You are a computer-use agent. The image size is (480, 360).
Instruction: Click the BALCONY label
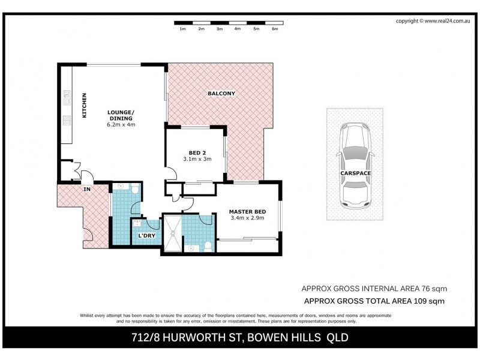click(221, 94)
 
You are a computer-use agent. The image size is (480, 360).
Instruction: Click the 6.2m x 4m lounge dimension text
click(121, 125)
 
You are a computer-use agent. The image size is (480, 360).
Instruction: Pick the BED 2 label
click(194, 152)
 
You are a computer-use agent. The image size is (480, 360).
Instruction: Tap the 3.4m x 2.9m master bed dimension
click(247, 219)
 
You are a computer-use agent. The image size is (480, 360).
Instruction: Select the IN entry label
click(86, 189)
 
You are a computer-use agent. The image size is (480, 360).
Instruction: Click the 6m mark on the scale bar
click(275, 28)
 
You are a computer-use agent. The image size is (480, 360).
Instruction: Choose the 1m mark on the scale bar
click(182, 28)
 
